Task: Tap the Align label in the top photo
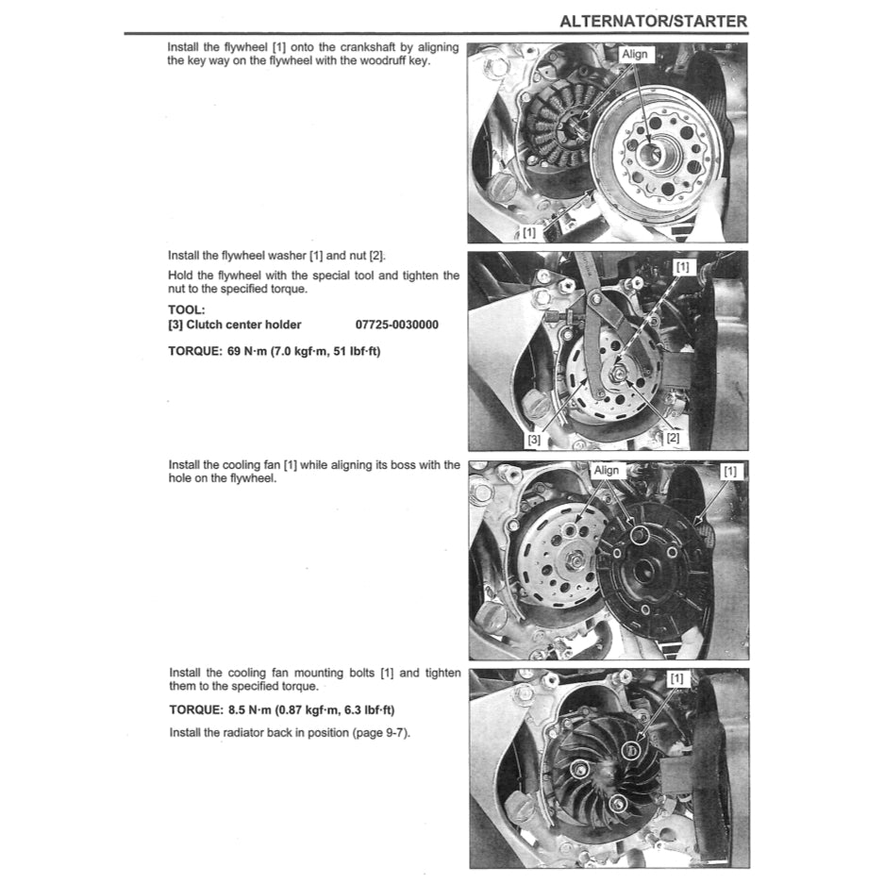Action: tap(635, 55)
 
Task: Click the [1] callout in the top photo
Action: tap(529, 231)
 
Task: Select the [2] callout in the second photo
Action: tap(673, 438)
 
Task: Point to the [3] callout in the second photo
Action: tap(534, 438)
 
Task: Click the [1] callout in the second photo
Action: tap(683, 267)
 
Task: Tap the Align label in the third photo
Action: tap(606, 471)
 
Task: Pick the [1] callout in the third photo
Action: tap(730, 471)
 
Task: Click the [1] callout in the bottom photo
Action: tap(677, 678)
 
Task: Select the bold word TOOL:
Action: tap(187, 309)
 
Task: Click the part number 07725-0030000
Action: tap(396, 325)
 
